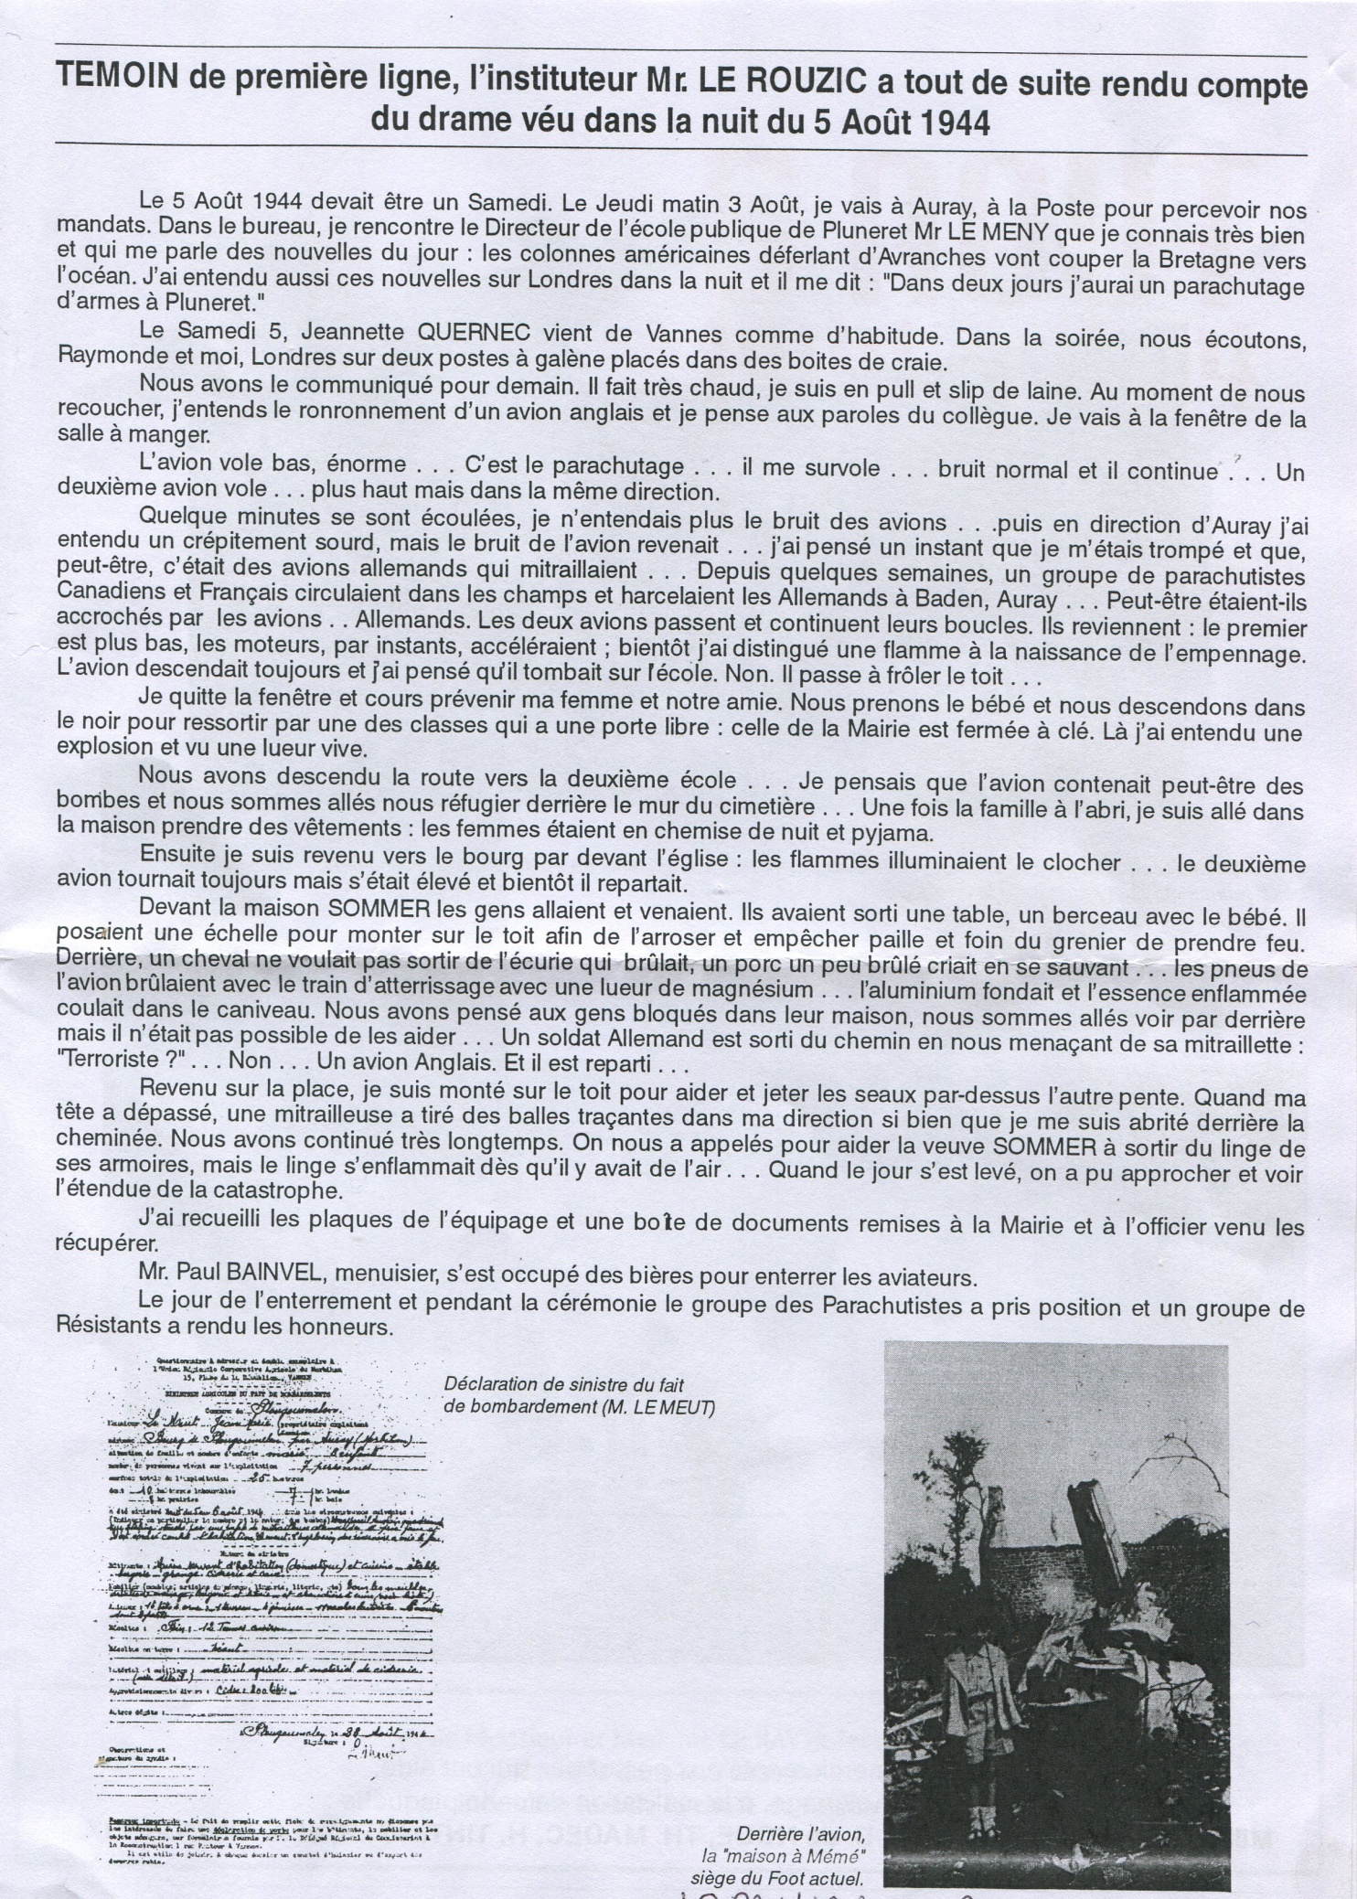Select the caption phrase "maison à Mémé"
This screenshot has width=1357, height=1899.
pos(783,1856)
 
